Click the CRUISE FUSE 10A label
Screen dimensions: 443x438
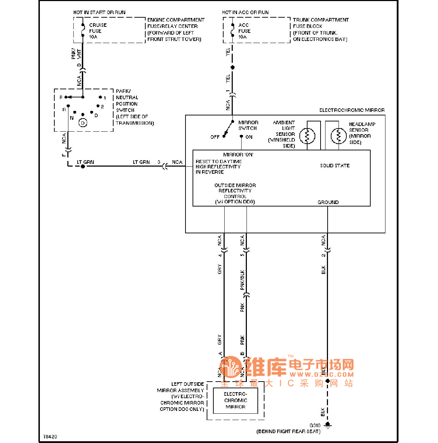tap(97, 31)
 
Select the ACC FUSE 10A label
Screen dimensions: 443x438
tap(244, 31)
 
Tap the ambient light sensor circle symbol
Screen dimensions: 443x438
tap(307, 136)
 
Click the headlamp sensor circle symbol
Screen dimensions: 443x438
tap(339, 136)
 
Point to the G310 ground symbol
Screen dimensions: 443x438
tap(328, 425)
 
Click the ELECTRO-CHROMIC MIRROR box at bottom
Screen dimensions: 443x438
tap(236, 401)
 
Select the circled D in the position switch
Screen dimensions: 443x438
tap(83, 123)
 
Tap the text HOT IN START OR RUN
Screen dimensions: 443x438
tap(99, 12)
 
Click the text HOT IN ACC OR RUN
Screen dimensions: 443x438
tap(245, 12)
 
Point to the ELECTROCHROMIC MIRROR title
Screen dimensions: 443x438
tap(352, 110)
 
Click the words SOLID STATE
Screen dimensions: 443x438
tap(335, 166)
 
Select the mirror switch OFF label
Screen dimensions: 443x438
tap(215, 137)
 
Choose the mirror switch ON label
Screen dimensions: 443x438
tap(249, 137)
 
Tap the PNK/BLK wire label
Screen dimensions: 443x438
tap(242, 280)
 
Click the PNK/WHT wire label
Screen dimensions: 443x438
tap(76, 54)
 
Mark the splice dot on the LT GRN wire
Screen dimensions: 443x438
tap(83, 166)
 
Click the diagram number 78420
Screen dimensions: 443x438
tap(50, 437)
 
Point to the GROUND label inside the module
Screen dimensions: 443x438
tap(328, 202)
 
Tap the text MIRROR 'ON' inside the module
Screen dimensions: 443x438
tap(238, 155)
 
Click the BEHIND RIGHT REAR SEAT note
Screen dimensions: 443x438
tap(288, 431)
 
